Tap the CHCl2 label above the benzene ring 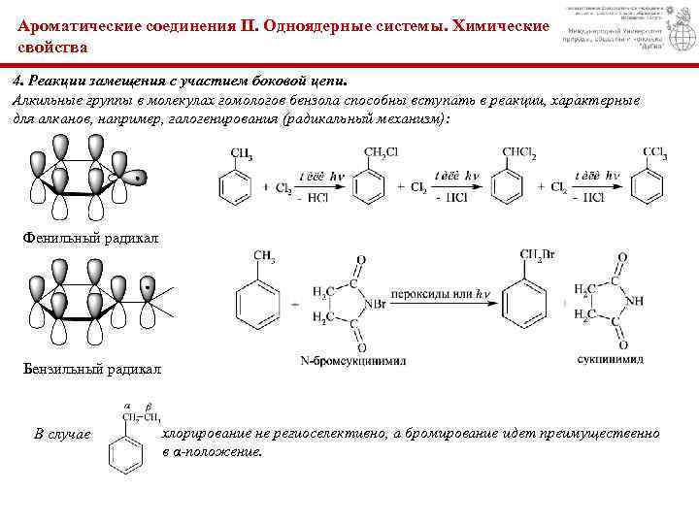point(519,153)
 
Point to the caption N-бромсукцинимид point(352,361)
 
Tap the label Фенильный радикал point(89,238)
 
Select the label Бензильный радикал point(93,370)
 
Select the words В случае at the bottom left point(62,434)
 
